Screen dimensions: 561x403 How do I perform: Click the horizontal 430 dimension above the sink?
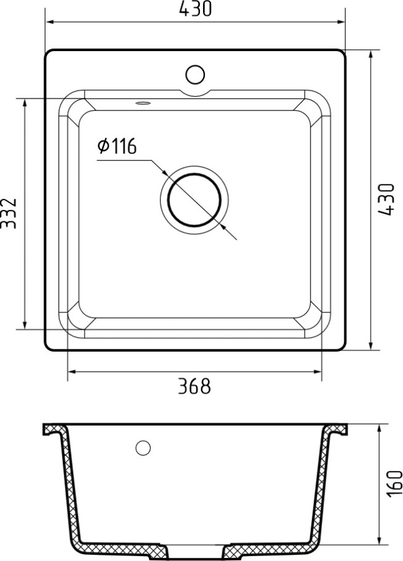click(x=195, y=9)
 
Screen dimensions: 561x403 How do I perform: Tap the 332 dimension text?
click(x=9, y=213)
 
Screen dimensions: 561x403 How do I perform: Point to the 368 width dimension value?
click(x=194, y=386)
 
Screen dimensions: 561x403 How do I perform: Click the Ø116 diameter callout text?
click(x=116, y=147)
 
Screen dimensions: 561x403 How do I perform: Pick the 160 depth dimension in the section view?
click(x=394, y=484)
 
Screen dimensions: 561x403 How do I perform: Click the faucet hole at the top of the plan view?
click(x=195, y=74)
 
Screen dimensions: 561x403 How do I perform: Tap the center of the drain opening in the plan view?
click(x=194, y=201)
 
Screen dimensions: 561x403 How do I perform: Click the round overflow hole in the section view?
click(x=143, y=447)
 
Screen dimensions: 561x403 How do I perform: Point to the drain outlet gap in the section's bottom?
click(x=195, y=552)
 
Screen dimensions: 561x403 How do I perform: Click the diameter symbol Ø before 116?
click(x=103, y=147)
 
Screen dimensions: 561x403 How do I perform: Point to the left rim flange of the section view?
click(x=52, y=429)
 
